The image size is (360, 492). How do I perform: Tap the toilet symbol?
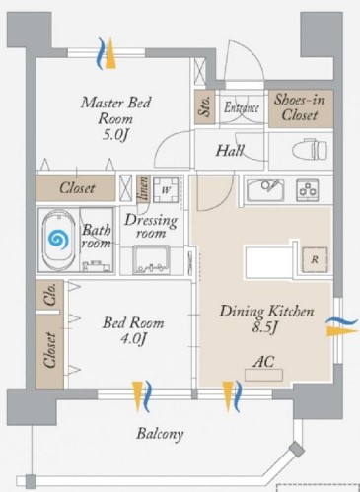coord(310,150)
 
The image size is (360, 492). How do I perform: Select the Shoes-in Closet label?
coord(300,107)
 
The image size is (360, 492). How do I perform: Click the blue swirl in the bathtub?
coord(58,239)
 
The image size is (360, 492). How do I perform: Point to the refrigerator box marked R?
coord(315,259)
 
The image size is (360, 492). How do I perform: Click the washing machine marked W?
coord(167,190)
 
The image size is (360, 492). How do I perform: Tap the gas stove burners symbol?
coord(308,190)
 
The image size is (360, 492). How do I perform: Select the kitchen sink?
coord(265,190)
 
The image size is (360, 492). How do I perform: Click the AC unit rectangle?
coord(263,375)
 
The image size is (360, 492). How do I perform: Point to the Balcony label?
coord(160,434)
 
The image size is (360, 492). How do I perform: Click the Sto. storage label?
coord(204,106)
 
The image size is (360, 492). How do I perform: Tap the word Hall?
coord(230,151)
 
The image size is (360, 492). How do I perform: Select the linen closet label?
coord(144,188)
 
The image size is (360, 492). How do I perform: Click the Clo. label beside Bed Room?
coord(50,295)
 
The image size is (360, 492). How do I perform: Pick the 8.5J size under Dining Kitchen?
coord(265,328)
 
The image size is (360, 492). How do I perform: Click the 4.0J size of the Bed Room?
coord(133,339)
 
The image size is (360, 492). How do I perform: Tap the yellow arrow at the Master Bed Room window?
coord(110,53)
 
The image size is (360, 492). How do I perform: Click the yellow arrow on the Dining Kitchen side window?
coord(341,331)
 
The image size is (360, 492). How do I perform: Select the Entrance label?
coord(242,107)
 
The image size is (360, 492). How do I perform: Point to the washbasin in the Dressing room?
coord(152,260)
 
